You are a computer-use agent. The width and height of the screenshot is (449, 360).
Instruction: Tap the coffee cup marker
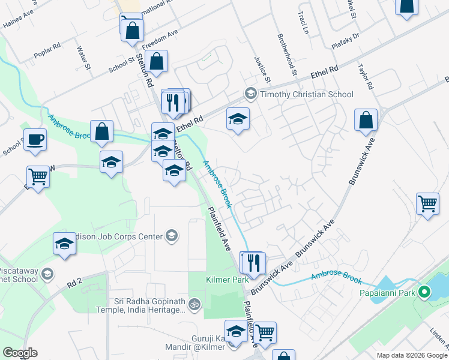pos(35,140)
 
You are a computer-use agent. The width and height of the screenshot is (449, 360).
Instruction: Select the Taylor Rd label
pos(366,77)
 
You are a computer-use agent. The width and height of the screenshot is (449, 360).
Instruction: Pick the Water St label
pos(83,58)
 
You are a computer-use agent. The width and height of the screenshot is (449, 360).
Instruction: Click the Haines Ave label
pos(16,22)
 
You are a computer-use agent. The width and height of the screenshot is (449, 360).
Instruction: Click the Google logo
pos(19,353)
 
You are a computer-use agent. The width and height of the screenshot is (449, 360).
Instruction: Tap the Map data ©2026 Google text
pos(411,355)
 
